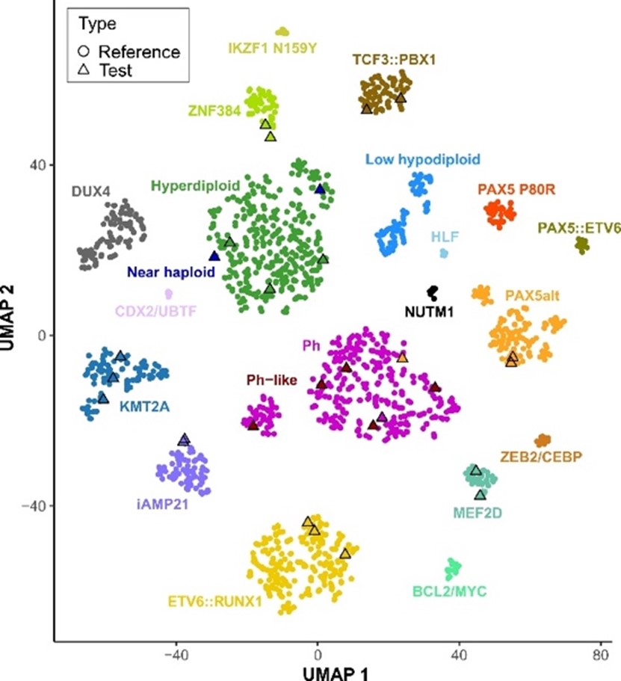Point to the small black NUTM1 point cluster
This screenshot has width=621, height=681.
pos(432,292)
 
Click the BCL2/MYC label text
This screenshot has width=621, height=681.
pos(449,592)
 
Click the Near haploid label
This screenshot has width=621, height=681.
pos(170,273)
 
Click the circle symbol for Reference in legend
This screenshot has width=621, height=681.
pos(83,52)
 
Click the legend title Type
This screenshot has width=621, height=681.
pos(96,24)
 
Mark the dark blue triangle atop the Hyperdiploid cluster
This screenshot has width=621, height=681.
pos(320,189)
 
